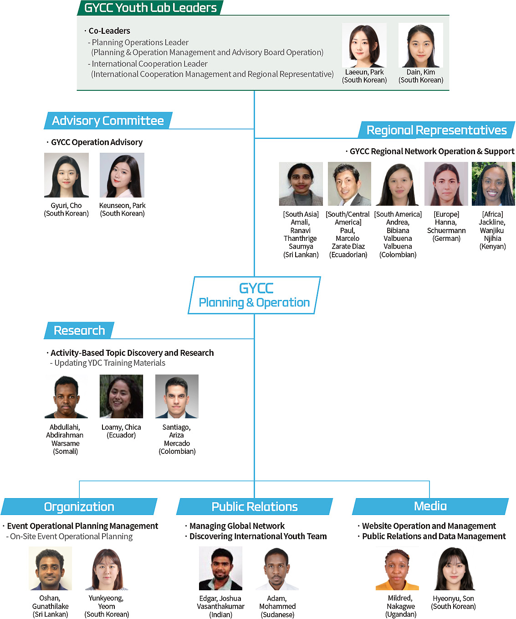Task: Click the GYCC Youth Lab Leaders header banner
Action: pos(150,8)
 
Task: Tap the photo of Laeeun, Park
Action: pos(364,45)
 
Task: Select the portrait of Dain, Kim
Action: pos(421,45)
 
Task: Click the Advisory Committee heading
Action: pos(108,121)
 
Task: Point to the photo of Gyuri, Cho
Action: pos(66,175)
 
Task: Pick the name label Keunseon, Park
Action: pos(122,205)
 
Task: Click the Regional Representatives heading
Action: pos(436,130)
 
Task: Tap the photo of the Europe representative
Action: pos(446,184)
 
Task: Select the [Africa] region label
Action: pos(493,214)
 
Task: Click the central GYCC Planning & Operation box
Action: pos(254,295)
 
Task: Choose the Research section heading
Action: pos(79,330)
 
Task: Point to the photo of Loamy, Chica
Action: pos(122,396)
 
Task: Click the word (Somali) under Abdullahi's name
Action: pos(66,451)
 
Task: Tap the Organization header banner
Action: pos(79,507)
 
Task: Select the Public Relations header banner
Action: pos(255,507)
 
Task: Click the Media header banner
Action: pos(430,506)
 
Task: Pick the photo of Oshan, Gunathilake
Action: pos(51,568)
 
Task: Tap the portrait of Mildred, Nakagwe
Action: pos(397,568)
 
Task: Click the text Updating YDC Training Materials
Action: pos(110,363)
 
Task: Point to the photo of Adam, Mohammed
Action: pos(277,568)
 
